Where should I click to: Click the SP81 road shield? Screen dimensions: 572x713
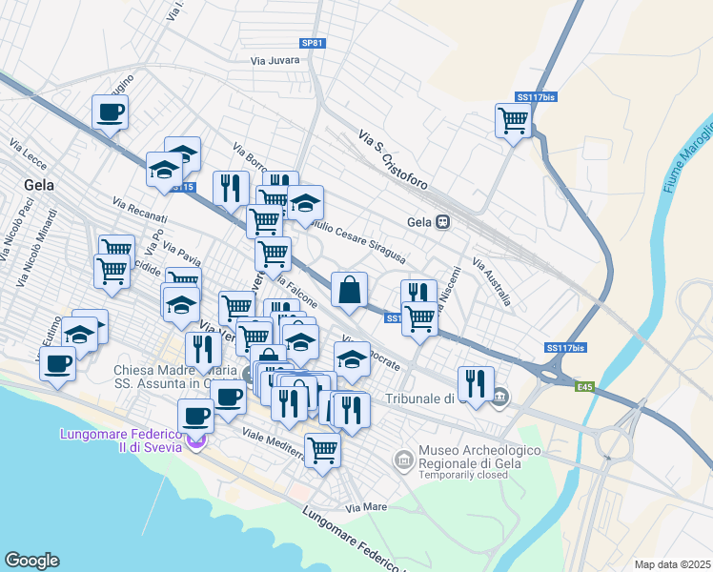tap(312, 43)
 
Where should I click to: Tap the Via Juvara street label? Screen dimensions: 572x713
tap(275, 60)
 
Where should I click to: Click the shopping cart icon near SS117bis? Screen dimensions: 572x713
tap(513, 120)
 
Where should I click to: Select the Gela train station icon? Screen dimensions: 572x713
tap(443, 221)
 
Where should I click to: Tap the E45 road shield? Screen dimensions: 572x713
tap(584, 387)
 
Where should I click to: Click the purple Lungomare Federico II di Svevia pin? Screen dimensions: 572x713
tap(195, 441)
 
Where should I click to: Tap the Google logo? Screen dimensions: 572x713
tap(31, 561)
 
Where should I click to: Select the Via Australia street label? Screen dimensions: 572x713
tap(492, 282)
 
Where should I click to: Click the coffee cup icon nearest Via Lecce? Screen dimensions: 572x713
tap(110, 112)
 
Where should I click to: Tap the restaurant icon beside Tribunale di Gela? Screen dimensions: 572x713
tap(476, 382)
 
